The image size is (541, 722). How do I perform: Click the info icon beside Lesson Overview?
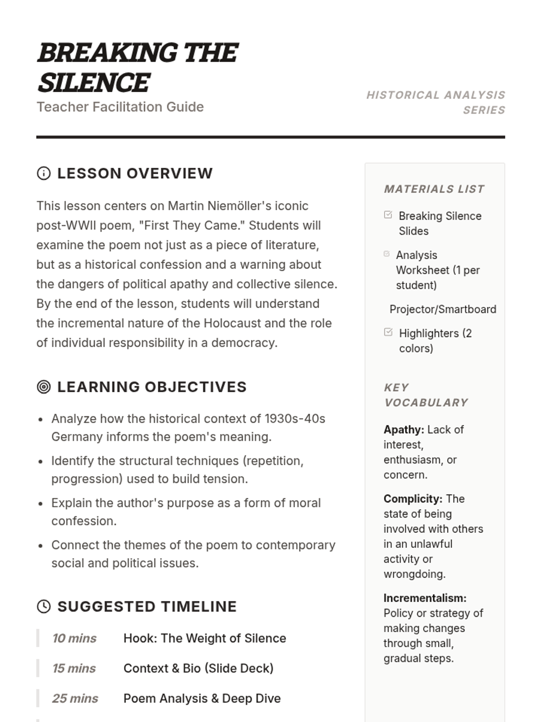[x=44, y=173]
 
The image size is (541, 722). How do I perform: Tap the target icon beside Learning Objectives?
[x=44, y=387]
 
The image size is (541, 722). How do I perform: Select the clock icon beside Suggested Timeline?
[x=44, y=606]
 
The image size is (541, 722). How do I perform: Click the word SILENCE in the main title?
[x=94, y=83]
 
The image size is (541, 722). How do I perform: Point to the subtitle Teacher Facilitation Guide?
[x=120, y=107]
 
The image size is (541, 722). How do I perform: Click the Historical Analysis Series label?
[x=436, y=102]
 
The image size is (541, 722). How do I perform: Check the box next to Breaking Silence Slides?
[x=388, y=215]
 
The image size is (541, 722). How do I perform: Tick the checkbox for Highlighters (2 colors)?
[x=388, y=332]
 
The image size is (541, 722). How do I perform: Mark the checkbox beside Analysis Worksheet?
[x=386, y=254]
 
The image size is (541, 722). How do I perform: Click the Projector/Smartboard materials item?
[x=443, y=309]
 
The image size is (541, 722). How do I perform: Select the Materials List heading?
[x=434, y=189]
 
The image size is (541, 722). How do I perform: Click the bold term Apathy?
[x=403, y=430]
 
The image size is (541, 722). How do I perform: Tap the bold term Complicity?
[x=413, y=499]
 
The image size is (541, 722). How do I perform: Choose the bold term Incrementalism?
[x=425, y=598]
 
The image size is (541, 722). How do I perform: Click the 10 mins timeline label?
[x=74, y=638]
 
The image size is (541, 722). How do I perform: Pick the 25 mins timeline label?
[x=75, y=698]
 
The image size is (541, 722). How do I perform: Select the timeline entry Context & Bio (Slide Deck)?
[x=198, y=668]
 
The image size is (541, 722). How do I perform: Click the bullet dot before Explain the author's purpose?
[x=41, y=504]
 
